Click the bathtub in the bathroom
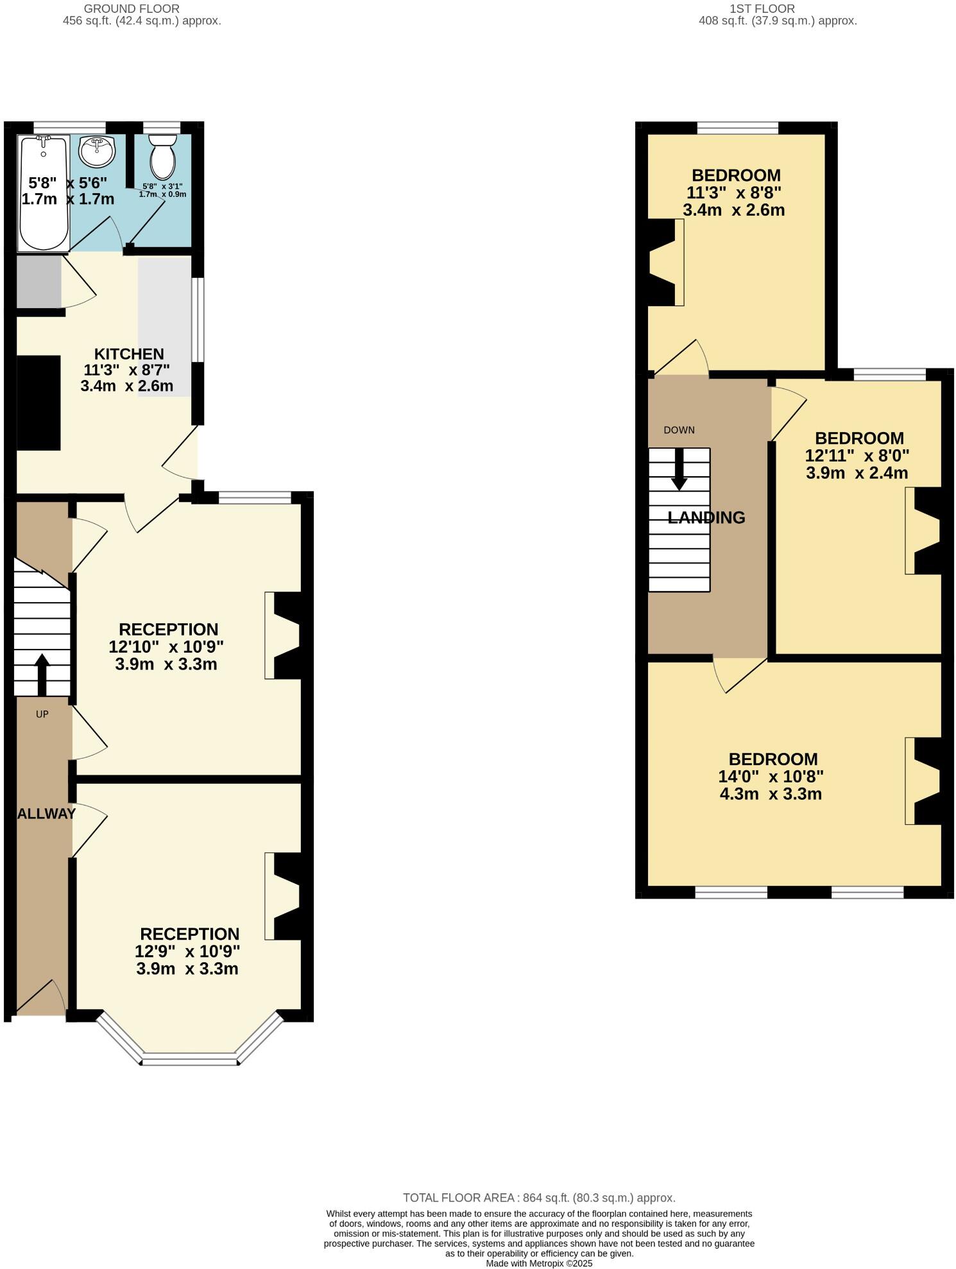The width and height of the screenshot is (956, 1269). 44,193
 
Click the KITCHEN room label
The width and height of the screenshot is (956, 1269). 129,354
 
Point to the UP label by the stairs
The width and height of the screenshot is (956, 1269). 42,714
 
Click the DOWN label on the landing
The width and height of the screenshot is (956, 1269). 679,430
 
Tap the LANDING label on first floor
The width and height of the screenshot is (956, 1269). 706,517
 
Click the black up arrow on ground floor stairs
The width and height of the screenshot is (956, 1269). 42,674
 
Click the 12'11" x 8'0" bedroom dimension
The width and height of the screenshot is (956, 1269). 857,456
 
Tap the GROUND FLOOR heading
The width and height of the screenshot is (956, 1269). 132,9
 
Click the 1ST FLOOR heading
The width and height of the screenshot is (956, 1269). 762,9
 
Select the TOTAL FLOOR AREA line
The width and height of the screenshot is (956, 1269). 539,1198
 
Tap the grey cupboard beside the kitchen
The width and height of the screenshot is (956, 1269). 38,282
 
